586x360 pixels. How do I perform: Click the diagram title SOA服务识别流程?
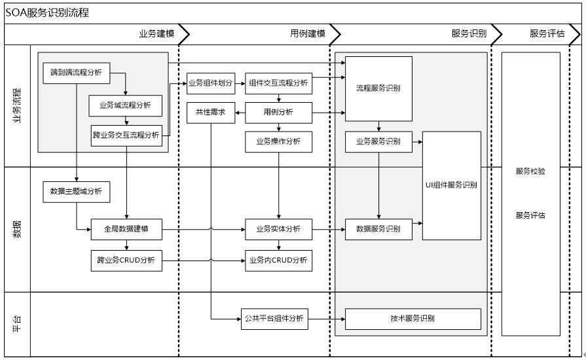pyautogui.click(x=47, y=13)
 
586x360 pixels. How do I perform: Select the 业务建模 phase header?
pyautogui.click(x=157, y=34)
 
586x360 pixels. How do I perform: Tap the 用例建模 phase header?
pyautogui.click(x=308, y=34)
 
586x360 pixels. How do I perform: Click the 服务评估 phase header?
pyautogui.click(x=547, y=34)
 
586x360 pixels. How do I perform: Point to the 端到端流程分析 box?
pyautogui.click(x=76, y=73)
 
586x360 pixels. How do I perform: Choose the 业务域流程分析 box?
pyautogui.click(x=125, y=105)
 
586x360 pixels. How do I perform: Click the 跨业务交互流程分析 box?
pyautogui.click(x=126, y=135)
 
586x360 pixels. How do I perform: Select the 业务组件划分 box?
pyautogui.click(x=210, y=83)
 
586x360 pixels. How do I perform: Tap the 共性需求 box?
pyautogui.click(x=210, y=112)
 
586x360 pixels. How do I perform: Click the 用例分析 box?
pyautogui.click(x=278, y=112)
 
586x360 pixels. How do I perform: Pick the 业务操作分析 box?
pyautogui.click(x=278, y=141)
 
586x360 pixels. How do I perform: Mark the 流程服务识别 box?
pyautogui.click(x=378, y=88)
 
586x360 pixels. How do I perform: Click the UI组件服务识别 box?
pyautogui.click(x=451, y=185)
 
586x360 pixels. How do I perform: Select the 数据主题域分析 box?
pyautogui.click(x=76, y=192)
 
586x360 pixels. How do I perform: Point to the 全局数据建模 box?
pyautogui.click(x=126, y=229)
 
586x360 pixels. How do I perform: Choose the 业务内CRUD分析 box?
pyautogui.click(x=278, y=261)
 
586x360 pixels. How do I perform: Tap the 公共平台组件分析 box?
pyautogui.click(x=274, y=319)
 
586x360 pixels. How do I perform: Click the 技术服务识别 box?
pyautogui.click(x=412, y=319)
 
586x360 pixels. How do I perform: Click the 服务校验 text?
pyautogui.click(x=530, y=171)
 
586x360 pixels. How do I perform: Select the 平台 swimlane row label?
pyautogui.click(x=18, y=323)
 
